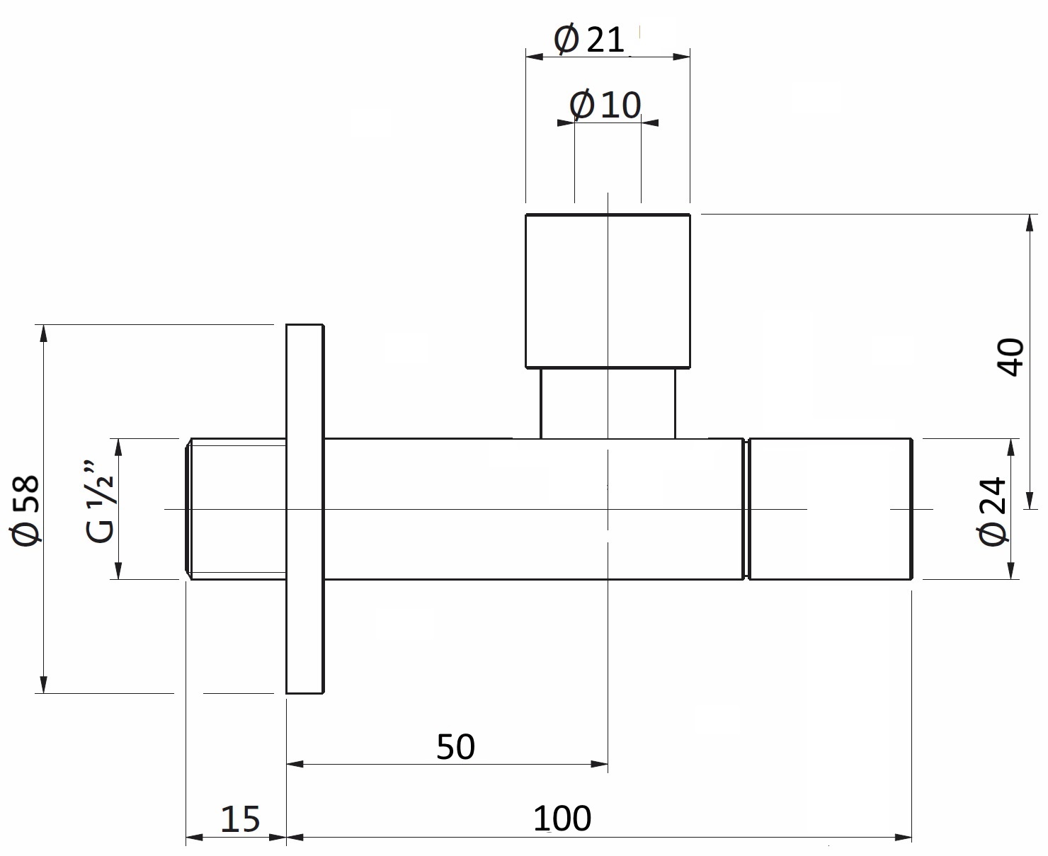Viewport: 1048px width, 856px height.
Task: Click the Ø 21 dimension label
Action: click(589, 39)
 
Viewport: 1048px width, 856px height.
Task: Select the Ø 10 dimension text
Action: click(605, 104)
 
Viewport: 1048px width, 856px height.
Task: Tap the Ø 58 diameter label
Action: click(25, 510)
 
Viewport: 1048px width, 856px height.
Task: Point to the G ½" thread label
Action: click(100, 503)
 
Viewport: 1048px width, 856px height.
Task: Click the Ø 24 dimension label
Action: click(992, 511)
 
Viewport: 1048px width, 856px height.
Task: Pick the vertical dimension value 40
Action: click(1010, 357)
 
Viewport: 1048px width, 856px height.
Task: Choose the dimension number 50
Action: click(455, 747)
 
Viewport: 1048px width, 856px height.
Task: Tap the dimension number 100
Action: click(562, 819)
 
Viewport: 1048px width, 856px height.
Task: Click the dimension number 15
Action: click(240, 819)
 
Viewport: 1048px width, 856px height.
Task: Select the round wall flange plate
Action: click(305, 509)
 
